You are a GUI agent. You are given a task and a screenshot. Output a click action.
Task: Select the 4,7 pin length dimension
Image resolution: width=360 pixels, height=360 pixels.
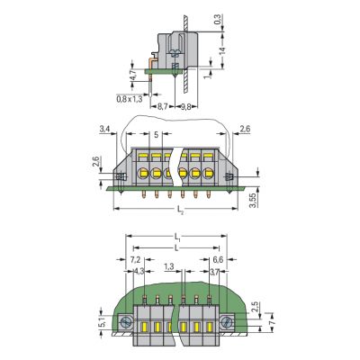pos(132,75)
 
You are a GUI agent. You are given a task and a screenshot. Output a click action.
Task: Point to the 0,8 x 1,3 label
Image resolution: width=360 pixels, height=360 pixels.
pos(130,99)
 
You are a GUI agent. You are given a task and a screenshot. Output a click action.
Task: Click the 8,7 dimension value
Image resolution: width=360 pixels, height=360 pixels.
pos(162,107)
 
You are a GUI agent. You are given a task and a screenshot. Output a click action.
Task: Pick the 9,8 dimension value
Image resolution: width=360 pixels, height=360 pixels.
pos(186,107)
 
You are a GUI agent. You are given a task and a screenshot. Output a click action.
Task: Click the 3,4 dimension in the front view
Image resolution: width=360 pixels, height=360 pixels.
pos(104,130)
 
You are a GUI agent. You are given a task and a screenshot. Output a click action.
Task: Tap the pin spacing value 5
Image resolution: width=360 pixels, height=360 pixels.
pos(156,134)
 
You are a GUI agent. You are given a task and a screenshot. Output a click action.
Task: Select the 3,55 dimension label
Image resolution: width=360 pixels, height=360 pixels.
pos(254,200)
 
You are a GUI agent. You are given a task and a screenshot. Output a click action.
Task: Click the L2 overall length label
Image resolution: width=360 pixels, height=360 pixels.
pos(180,211)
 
